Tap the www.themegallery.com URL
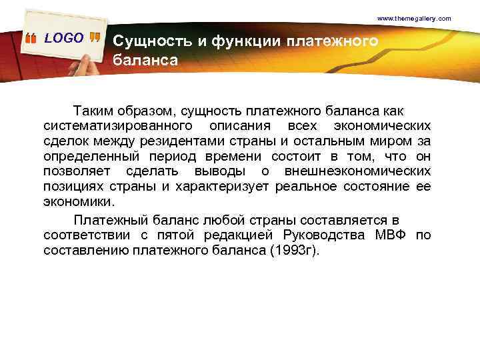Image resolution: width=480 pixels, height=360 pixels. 414,18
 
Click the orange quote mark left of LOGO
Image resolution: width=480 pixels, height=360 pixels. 31,39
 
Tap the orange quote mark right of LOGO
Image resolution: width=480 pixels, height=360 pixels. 95,39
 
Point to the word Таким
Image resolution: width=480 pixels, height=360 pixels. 93,109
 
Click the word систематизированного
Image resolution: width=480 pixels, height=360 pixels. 119,125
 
